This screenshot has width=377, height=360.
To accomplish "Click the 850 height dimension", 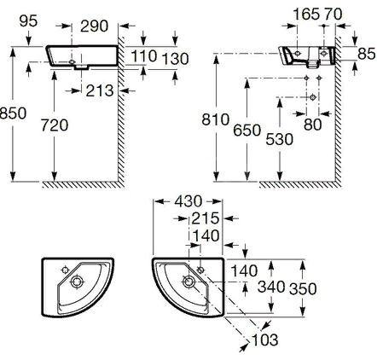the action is (x=13, y=113).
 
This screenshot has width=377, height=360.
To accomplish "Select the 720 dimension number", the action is (x=55, y=125).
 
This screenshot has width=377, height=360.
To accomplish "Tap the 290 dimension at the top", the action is (x=95, y=26).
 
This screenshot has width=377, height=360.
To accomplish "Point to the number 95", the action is (x=28, y=21).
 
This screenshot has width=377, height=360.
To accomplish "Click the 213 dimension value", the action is (x=100, y=90).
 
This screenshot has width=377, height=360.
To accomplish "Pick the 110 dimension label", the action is (x=144, y=55).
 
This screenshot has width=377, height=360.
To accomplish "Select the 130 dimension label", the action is (x=175, y=59).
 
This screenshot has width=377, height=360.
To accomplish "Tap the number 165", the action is (x=306, y=15).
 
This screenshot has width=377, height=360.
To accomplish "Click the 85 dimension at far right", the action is (x=367, y=54).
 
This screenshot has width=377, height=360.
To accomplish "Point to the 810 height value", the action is (x=216, y=119).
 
